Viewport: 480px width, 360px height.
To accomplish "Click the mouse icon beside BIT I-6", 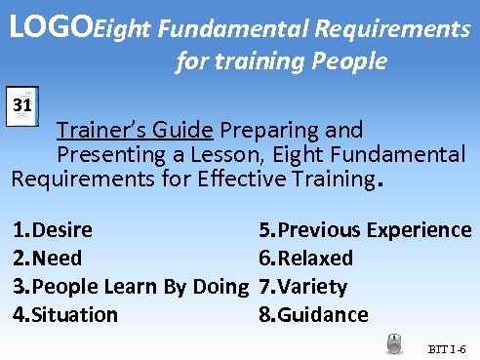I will (x=394, y=343).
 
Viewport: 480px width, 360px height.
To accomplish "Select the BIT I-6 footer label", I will (x=448, y=348).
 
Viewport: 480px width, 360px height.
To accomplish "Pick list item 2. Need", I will (x=47, y=259).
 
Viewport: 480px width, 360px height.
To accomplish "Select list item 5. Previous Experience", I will (x=365, y=230).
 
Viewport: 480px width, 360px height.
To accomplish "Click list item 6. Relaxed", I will (x=305, y=259).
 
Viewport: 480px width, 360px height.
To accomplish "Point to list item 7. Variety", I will (x=302, y=287).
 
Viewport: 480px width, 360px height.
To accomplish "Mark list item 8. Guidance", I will (x=313, y=315).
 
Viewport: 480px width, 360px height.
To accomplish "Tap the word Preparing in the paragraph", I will (x=262, y=130).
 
